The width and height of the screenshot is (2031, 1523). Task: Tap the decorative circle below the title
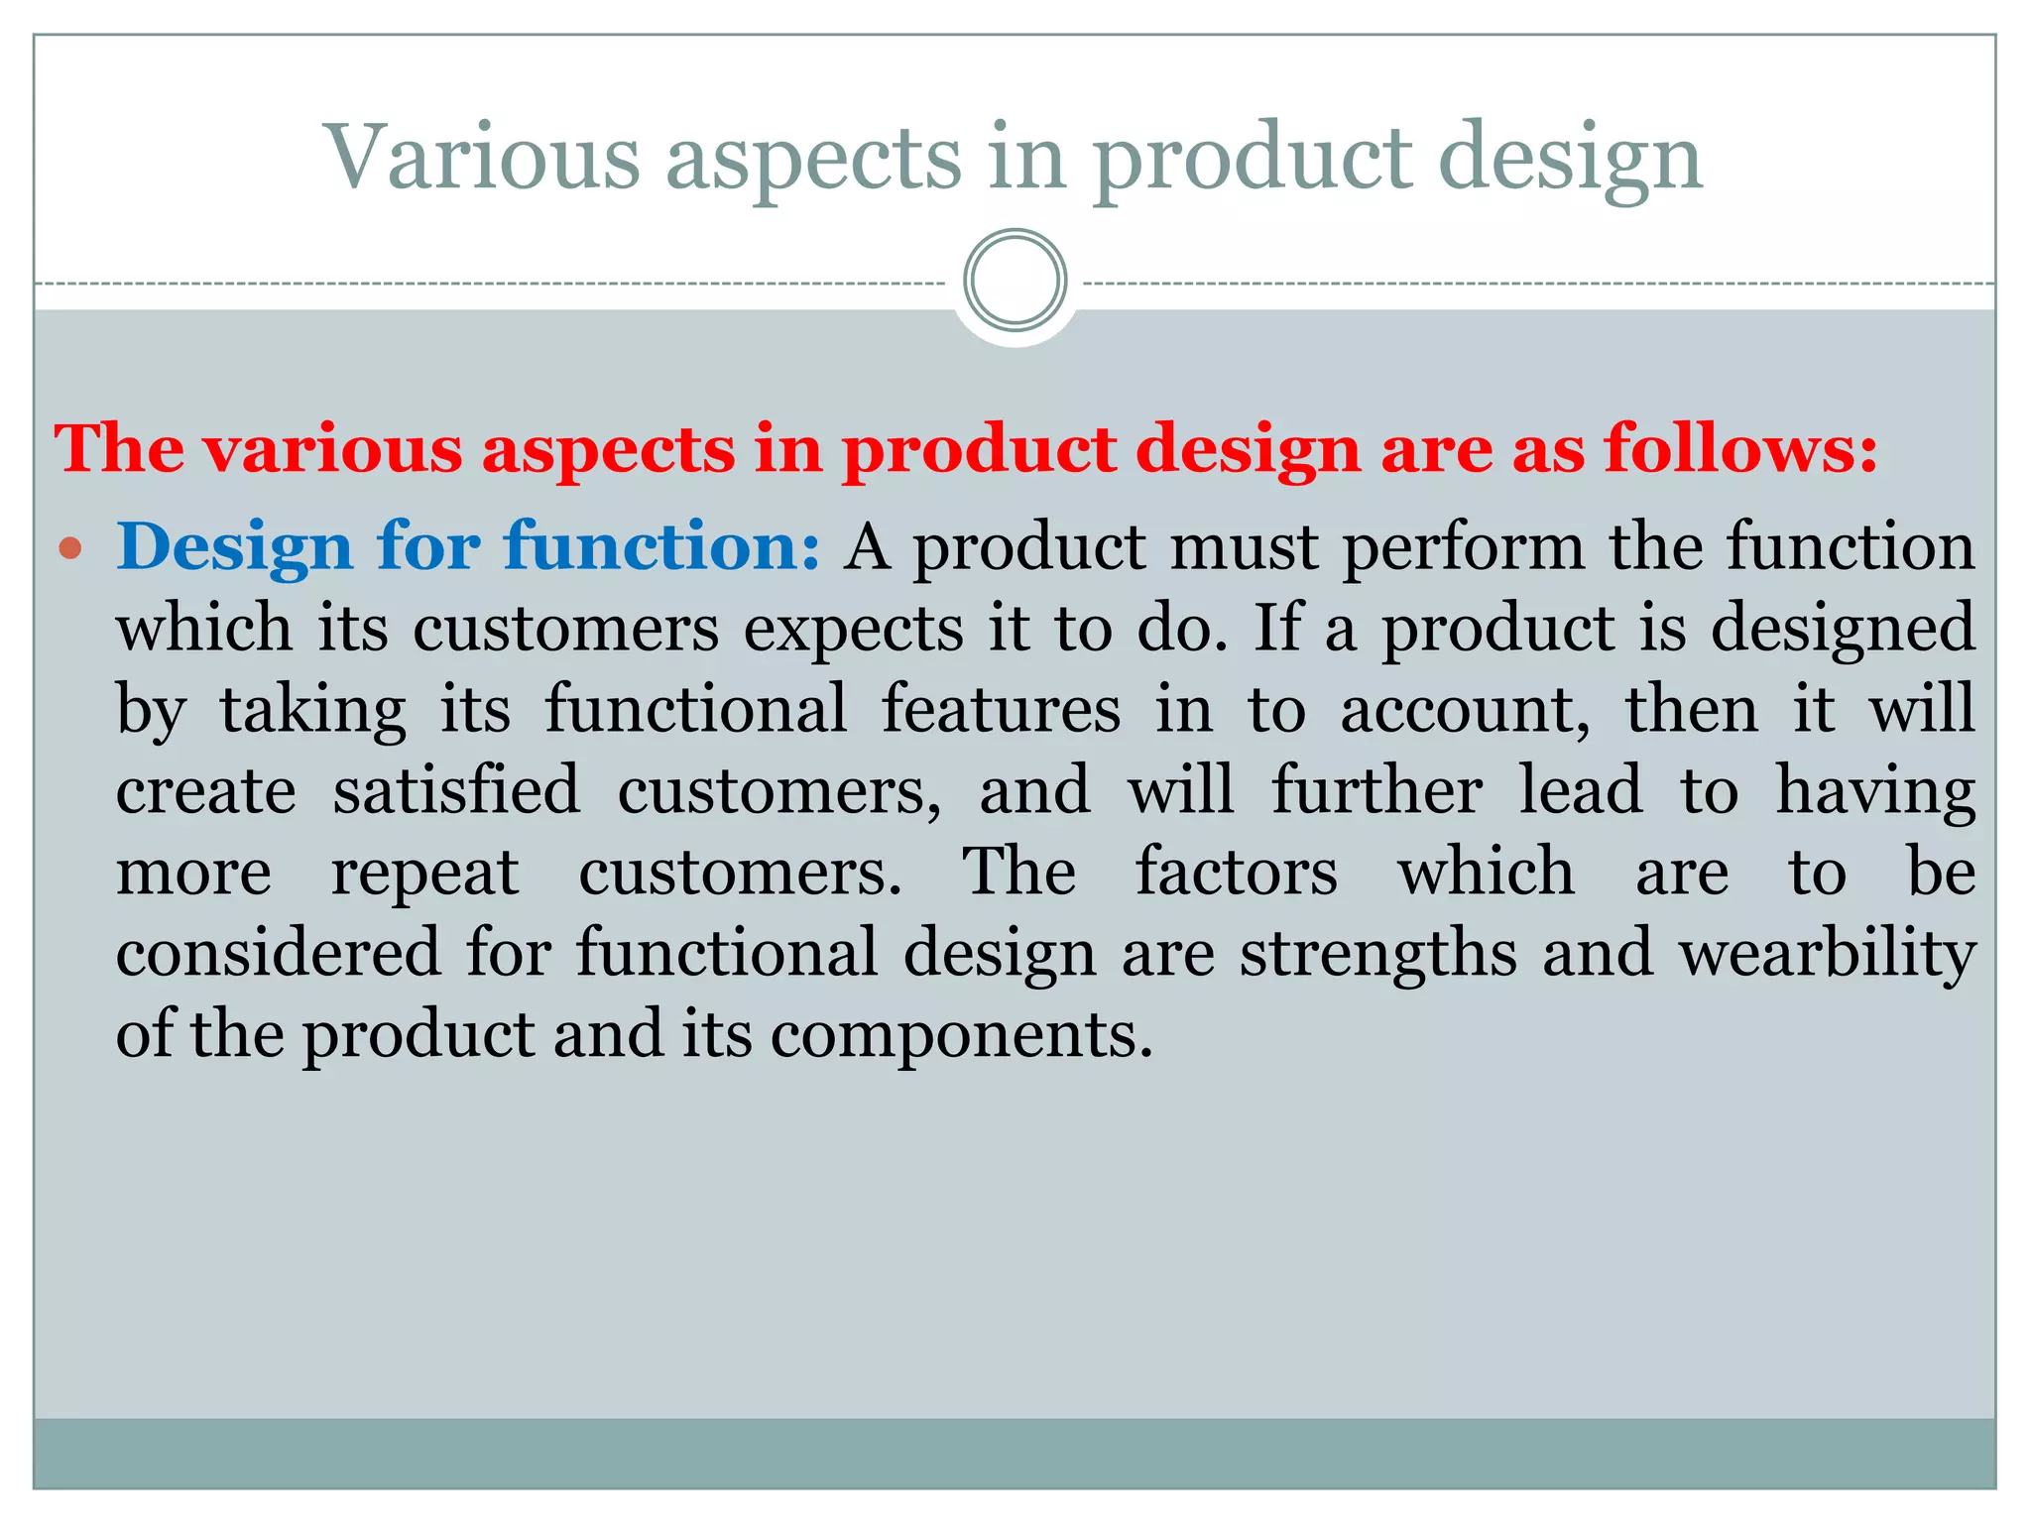pos(1015,281)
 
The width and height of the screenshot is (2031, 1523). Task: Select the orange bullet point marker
pos(69,548)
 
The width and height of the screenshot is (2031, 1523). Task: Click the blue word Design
pos(234,548)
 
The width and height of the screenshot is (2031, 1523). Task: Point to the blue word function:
pos(661,546)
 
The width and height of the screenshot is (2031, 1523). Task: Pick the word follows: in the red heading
pos(1741,449)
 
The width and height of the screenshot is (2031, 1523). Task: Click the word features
pos(1001,710)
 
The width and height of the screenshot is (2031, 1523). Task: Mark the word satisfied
pos(456,791)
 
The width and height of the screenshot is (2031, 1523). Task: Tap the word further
pos(1377,791)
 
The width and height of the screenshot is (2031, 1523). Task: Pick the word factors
pos(1236,873)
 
